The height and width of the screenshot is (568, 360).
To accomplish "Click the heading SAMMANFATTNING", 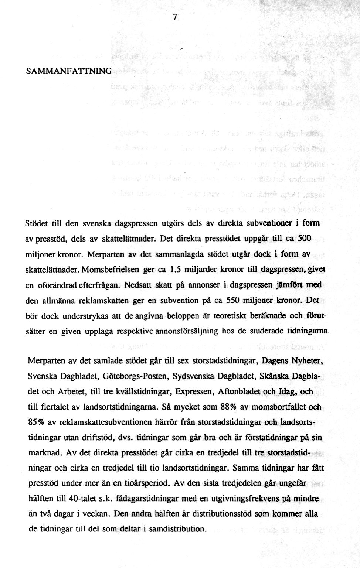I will coord(69,71).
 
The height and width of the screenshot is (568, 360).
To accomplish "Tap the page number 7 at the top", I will coord(175,17).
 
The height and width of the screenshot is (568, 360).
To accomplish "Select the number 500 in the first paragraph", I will coord(303,239).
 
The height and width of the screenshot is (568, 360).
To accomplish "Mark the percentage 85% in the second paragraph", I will coord(36,422).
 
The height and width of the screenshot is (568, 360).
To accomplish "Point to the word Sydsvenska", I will coord(191,376).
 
